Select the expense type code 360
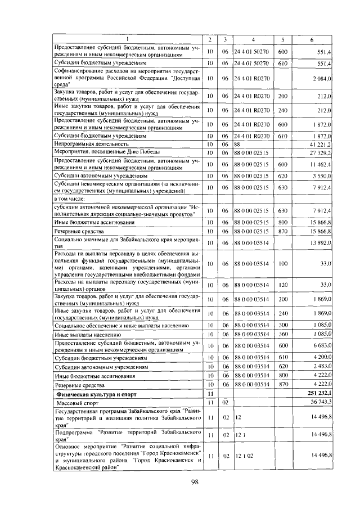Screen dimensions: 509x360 pos(283,335)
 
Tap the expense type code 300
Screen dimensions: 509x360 pos(283,326)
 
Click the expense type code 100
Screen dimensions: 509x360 pos(283,263)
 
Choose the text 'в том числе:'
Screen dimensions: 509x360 pos(69,199)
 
